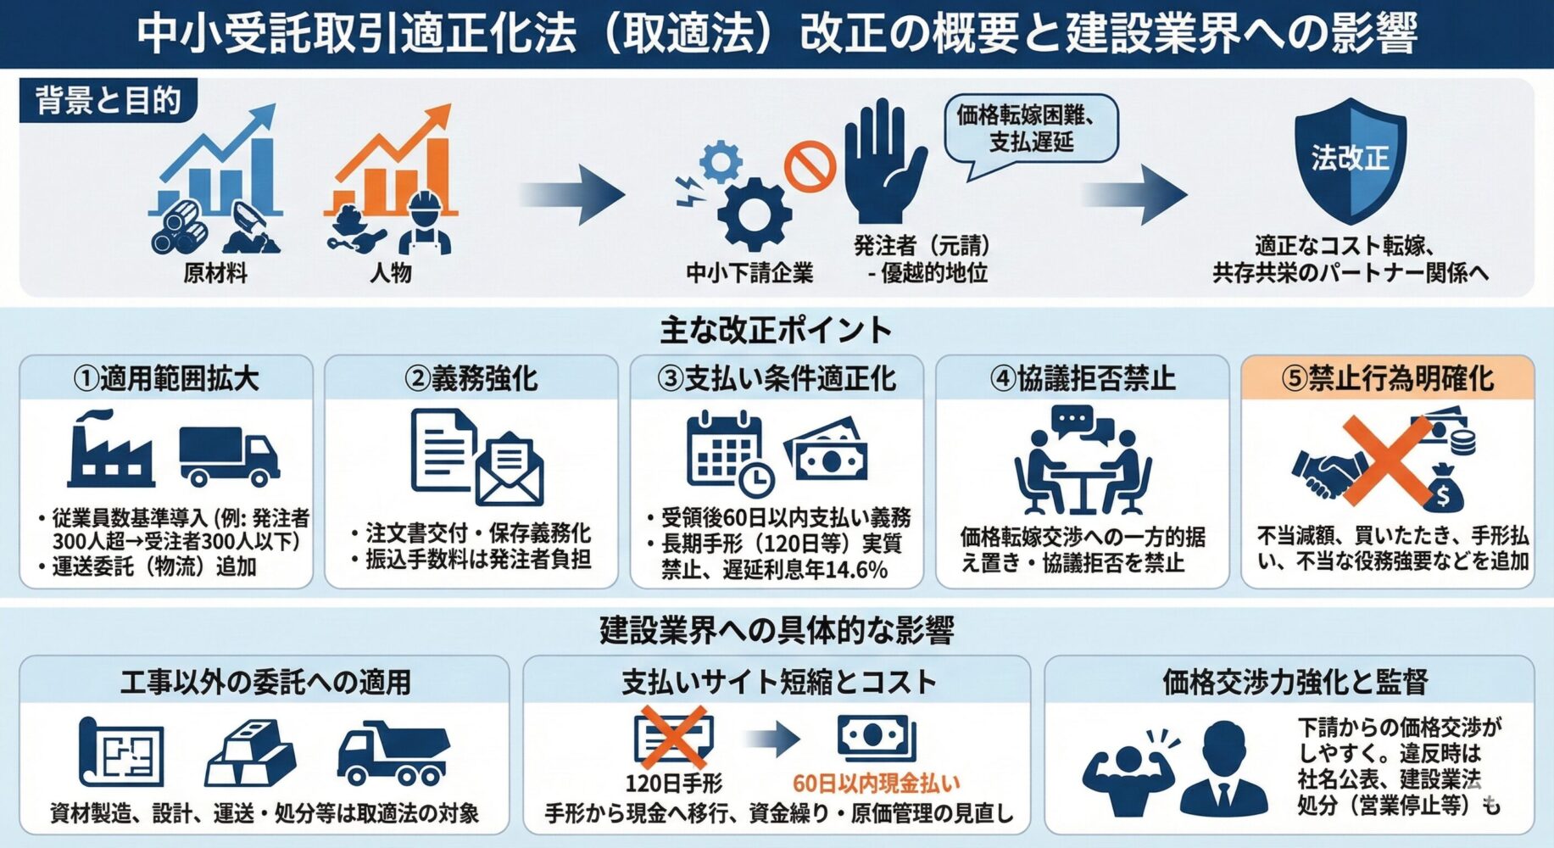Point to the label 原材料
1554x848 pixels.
(x=215, y=273)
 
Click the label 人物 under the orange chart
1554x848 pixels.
(x=390, y=273)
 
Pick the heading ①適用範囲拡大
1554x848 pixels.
(x=166, y=378)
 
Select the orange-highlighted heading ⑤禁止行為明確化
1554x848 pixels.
(x=1387, y=378)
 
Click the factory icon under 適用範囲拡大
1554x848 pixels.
(x=111, y=449)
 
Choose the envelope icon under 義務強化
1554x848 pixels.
(x=509, y=471)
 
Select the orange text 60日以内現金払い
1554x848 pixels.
(x=876, y=783)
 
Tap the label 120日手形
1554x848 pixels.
(x=674, y=783)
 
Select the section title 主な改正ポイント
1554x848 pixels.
(x=776, y=330)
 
